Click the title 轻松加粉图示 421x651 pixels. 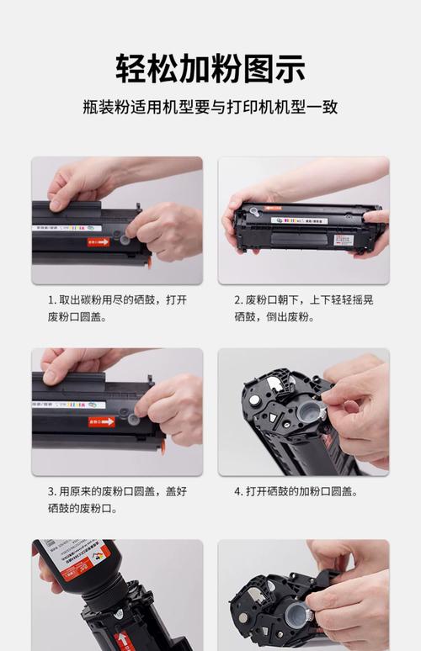[210, 68]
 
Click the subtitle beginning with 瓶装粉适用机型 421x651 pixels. [210, 108]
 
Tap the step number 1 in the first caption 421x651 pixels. [51, 299]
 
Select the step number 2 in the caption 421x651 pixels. [237, 299]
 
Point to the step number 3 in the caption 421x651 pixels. [51, 491]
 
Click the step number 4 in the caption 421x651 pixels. [237, 491]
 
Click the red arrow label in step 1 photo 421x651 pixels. [99, 241]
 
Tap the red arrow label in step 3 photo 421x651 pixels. [101, 421]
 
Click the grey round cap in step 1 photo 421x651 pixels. [125, 239]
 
